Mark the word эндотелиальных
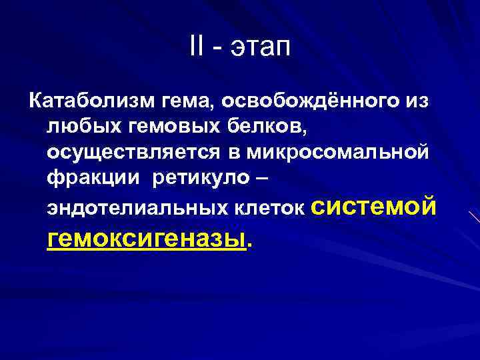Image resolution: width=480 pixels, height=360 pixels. tap(139, 209)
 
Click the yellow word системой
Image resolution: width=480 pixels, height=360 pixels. tap(374, 205)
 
